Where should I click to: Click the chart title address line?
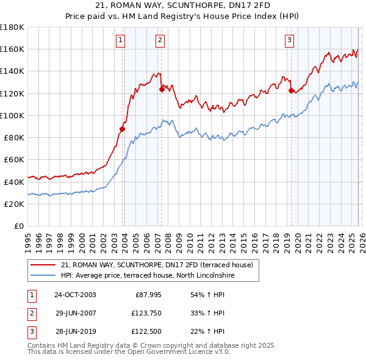[182, 7]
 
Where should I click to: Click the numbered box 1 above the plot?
[120, 41]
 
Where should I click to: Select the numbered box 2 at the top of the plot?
[160, 41]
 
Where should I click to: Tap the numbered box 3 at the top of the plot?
[289, 41]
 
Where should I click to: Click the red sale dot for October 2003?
[123, 129]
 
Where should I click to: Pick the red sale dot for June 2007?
[162, 89]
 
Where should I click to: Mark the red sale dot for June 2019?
[291, 90]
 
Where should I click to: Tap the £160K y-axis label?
[12, 49]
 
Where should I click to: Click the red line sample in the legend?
[43, 265]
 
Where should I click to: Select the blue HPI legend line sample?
[43, 275]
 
